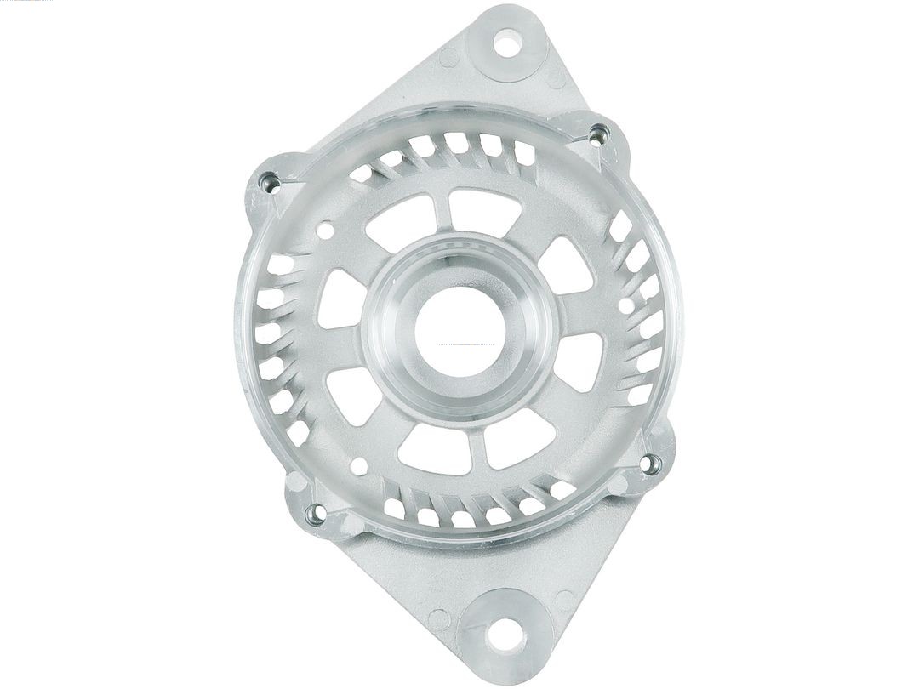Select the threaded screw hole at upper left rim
pos(270,180)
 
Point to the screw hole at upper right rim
pos(599,132)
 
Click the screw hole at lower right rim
pos(651,464)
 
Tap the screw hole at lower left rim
pos(315,512)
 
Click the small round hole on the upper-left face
pos(324,228)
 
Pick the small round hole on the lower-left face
pos(360,466)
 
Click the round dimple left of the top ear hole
pos(448,58)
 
